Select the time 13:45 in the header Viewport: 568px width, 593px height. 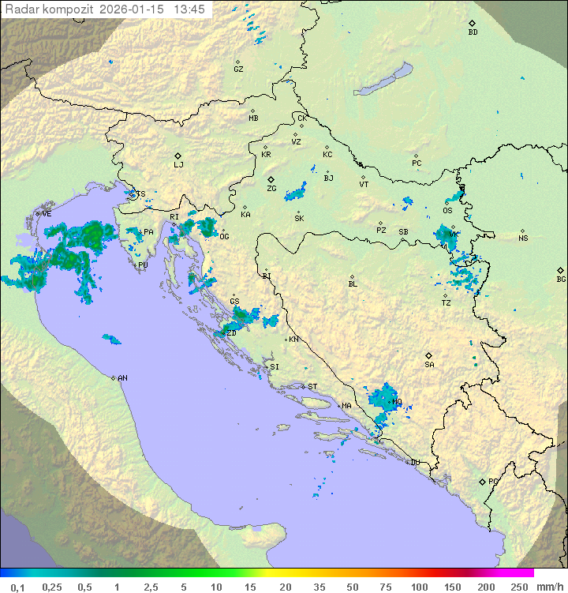[189, 9]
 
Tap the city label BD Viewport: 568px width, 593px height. [473, 32]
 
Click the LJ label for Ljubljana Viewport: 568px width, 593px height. [178, 165]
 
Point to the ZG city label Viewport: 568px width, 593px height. [271, 189]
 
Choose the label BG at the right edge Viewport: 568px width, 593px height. [561, 279]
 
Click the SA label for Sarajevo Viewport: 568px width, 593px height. [429, 365]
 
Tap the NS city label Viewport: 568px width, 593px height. [523, 238]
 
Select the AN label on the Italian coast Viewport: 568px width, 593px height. [122, 378]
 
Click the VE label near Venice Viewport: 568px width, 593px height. [47, 213]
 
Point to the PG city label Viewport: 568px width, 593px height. [493, 482]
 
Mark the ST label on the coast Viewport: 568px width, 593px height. [312, 387]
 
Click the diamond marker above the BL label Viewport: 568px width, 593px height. [352, 276]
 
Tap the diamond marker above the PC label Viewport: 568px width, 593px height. [416, 156]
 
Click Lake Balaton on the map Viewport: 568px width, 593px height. [383, 81]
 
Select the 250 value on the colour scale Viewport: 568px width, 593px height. [519, 587]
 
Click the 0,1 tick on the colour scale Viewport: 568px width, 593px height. [17, 587]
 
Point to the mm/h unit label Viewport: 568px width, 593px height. [549, 587]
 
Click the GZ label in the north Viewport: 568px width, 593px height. [238, 69]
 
